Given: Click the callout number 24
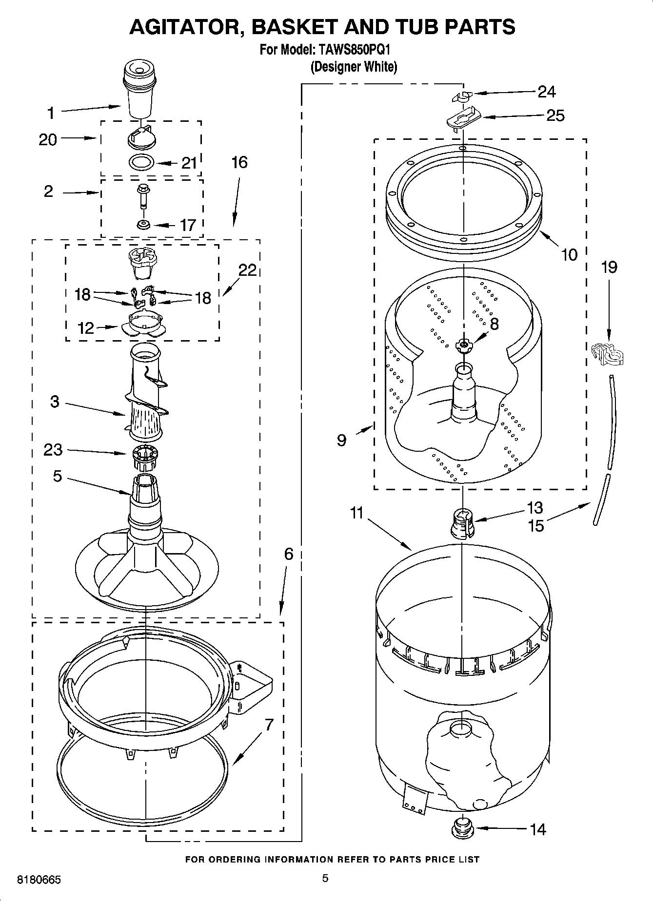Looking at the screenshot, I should [546, 92].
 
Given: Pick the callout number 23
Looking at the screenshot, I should [53, 449].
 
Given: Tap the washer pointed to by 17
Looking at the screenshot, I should [143, 225].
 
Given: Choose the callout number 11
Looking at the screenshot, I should [357, 513].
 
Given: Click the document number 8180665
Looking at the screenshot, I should [39, 881].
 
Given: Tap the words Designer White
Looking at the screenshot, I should [354, 67].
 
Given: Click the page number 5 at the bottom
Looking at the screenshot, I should [325, 878].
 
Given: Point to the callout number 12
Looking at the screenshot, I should [85, 327].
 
